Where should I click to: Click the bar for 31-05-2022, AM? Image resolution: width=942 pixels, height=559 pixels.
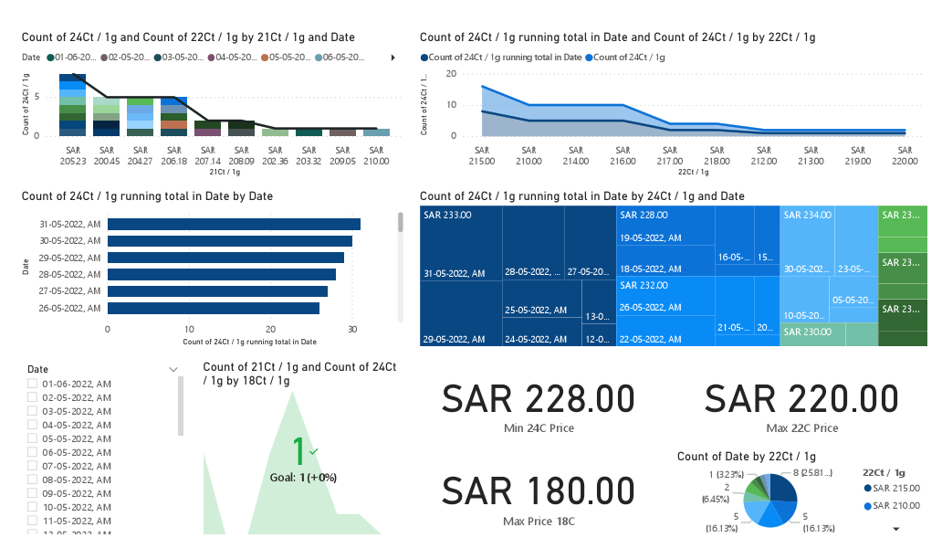point(234,224)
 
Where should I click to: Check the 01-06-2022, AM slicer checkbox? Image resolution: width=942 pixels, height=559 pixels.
point(33,384)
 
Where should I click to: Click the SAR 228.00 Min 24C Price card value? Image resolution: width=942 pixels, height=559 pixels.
point(538,399)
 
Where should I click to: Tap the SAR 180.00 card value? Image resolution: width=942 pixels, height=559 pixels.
point(538,491)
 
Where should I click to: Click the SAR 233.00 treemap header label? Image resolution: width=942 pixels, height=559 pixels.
point(447,215)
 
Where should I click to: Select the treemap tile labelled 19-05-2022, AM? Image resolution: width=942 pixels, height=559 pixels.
point(650,237)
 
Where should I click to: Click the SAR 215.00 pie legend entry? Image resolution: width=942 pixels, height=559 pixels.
point(895,488)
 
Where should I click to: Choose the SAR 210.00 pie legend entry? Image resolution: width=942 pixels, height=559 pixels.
point(895,505)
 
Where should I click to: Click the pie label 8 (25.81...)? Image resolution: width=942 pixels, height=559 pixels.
point(811,473)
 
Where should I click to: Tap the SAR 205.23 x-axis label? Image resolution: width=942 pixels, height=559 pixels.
point(72,155)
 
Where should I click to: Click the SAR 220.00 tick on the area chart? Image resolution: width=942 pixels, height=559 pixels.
point(905,155)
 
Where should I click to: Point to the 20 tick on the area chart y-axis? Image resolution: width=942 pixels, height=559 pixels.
point(451,74)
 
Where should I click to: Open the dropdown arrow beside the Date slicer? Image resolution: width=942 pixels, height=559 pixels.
point(173,369)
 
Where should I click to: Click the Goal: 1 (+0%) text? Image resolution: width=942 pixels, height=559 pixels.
point(303,477)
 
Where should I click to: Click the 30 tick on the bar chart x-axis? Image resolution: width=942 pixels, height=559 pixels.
point(351,330)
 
